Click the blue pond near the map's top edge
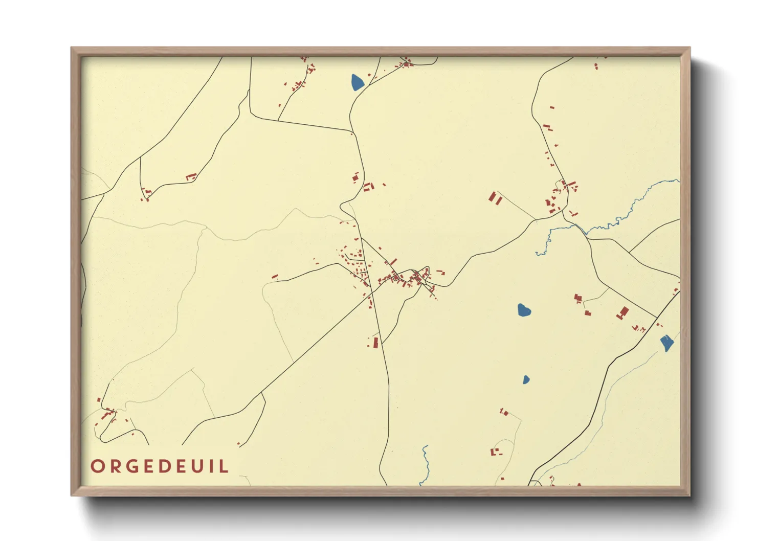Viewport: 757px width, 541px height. coord(358,82)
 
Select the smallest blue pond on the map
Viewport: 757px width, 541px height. coord(526,379)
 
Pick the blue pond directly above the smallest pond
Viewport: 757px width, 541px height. coord(524,310)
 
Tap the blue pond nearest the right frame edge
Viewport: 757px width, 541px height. coord(666,343)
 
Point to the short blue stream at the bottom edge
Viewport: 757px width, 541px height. coord(425,465)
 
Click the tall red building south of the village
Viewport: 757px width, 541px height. coord(375,343)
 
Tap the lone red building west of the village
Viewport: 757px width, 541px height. coord(275,277)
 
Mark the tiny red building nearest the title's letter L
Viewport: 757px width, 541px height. coord(238,443)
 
